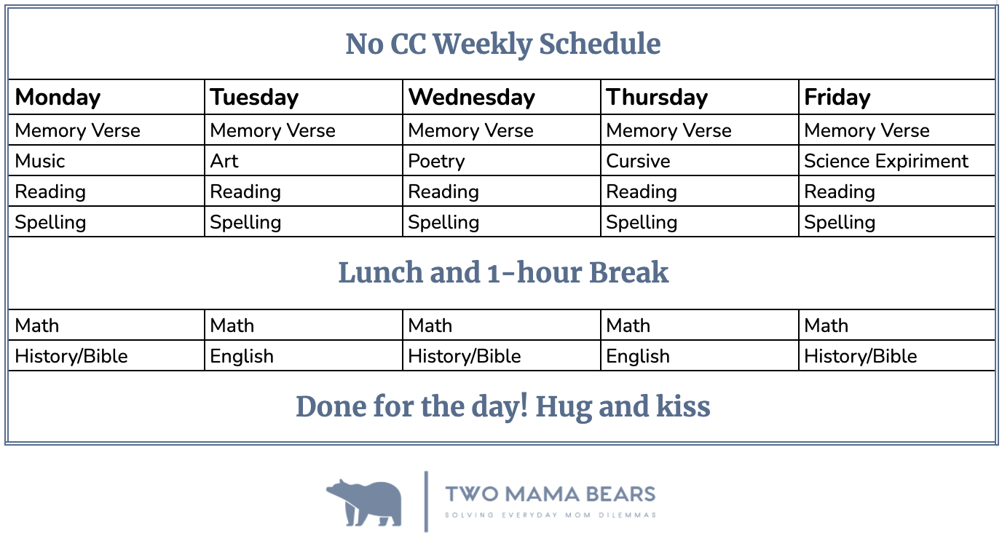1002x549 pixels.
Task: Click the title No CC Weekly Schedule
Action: coord(502,44)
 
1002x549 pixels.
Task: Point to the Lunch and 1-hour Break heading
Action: coord(503,272)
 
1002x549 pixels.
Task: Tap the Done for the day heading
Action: coord(502,407)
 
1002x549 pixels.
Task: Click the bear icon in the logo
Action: coord(365,502)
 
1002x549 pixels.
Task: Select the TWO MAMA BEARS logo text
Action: coord(551,494)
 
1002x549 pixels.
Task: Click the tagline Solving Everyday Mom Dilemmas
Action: coord(551,516)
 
